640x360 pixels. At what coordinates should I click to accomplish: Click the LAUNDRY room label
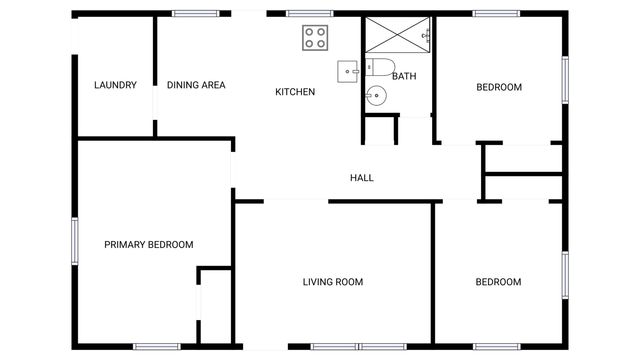coord(115,86)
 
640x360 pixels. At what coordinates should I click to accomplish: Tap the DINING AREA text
coord(196,86)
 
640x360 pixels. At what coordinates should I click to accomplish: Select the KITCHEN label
coord(295,92)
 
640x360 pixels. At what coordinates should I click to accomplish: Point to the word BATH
coord(405,76)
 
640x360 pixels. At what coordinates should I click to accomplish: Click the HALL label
coord(362,178)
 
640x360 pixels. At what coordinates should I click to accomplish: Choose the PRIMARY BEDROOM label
coord(149,245)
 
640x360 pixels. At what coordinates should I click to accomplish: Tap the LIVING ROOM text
coord(333,282)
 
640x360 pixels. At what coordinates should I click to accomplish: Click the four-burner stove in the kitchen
coord(316,38)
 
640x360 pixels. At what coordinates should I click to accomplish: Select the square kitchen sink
coord(348,70)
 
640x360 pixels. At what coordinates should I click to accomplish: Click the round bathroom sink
coord(375,96)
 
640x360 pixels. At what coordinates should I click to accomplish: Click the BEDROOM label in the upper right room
coord(498,87)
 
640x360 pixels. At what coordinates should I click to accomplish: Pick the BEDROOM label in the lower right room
coord(498,282)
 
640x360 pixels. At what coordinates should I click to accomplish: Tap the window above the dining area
coord(196,14)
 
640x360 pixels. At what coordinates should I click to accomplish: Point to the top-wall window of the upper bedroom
coord(496,14)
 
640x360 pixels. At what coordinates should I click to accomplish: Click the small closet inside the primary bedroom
coord(214,306)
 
